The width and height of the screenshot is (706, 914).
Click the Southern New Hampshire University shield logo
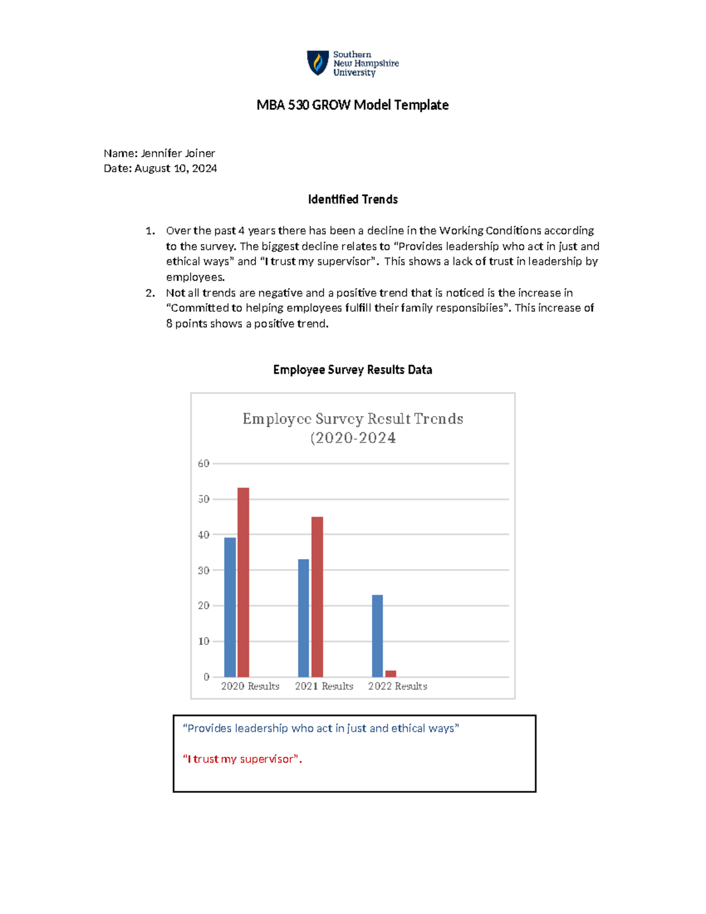tap(318, 63)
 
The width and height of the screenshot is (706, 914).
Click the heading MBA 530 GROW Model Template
tap(352, 105)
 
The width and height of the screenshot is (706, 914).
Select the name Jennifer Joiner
tap(178, 153)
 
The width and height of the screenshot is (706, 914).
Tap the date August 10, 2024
tap(175, 168)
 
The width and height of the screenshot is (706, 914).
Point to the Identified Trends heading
tap(352, 200)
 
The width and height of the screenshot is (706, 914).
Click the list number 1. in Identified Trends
tap(151, 231)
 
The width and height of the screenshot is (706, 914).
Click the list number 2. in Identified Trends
tap(151, 293)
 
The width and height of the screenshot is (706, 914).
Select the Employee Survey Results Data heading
tap(352, 370)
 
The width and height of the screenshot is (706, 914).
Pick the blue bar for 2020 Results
tap(230, 607)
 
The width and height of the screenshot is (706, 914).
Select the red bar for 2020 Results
tap(243, 582)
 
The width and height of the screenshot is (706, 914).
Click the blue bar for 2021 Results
tap(304, 618)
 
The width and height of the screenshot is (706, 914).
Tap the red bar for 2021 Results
tap(317, 597)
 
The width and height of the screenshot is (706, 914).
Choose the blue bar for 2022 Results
tap(377, 636)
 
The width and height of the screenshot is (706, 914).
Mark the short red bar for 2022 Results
tap(391, 674)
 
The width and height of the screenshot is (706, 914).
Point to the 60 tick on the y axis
tap(204, 464)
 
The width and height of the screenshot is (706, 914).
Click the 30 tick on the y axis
tap(204, 570)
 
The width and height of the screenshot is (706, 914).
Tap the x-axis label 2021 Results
tap(324, 686)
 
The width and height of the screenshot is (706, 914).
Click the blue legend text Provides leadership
tap(321, 729)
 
